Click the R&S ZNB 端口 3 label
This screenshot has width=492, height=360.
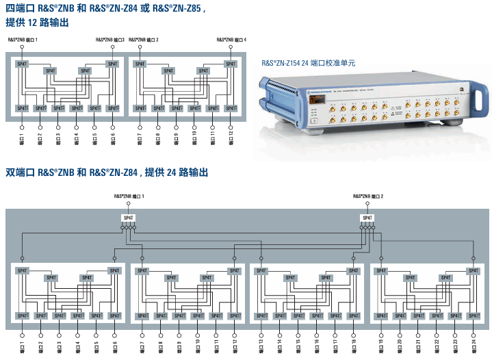click(112, 40)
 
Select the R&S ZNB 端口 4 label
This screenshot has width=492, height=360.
click(231, 40)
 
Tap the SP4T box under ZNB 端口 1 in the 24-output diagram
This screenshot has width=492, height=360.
click(129, 218)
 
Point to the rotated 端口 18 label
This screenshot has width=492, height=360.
click(354, 345)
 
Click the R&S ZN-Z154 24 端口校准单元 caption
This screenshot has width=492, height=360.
click(309, 63)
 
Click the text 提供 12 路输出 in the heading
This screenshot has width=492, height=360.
click(37, 23)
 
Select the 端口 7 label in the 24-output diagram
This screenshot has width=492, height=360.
click(142, 345)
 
